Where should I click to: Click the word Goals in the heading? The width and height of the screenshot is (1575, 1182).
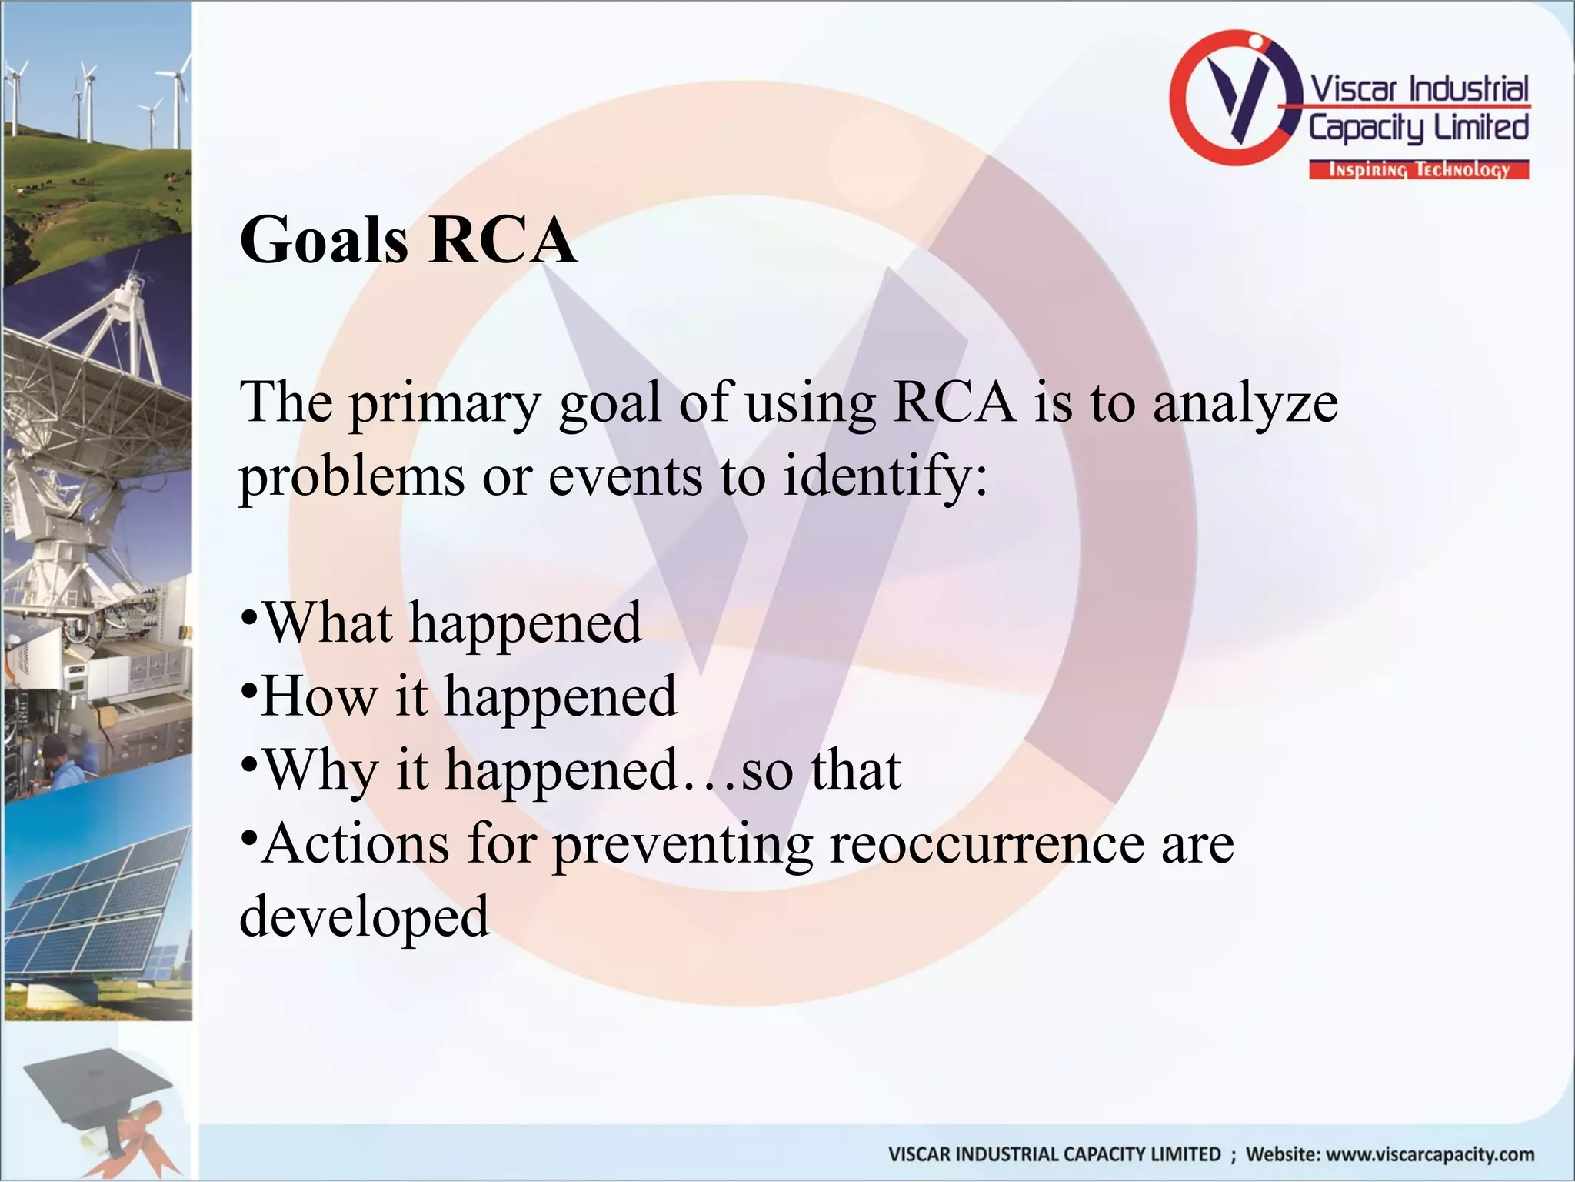(x=324, y=240)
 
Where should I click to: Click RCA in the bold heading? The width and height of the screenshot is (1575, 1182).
(x=504, y=240)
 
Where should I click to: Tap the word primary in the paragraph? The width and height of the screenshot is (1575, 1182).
(x=445, y=404)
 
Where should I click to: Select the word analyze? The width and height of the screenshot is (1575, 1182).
(x=1245, y=404)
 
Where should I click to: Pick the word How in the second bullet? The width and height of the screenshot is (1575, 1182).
(x=319, y=696)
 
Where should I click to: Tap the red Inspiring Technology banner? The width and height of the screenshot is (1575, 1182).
(x=1419, y=170)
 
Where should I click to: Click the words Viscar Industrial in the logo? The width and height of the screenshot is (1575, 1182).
(x=1419, y=89)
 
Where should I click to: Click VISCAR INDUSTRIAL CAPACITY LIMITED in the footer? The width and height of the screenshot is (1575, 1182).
(x=1054, y=1154)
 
